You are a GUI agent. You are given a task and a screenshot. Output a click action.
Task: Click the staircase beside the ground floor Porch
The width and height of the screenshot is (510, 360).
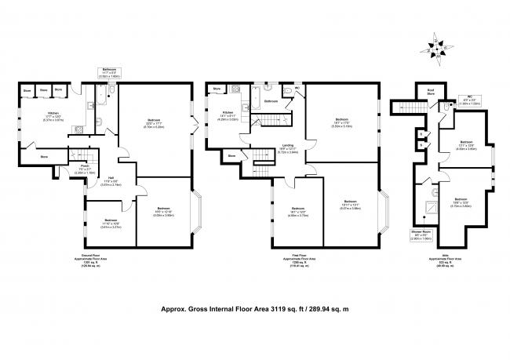(75, 156)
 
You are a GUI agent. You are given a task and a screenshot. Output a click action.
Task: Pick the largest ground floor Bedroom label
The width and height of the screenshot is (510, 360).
(154, 122)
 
